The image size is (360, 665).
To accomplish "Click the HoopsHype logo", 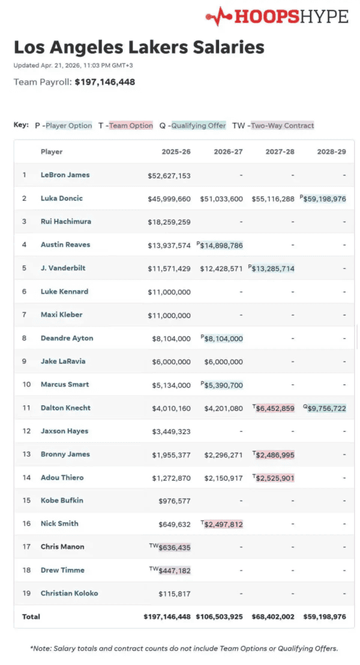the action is tap(277, 16).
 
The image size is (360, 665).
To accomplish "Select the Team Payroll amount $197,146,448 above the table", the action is tap(105, 82).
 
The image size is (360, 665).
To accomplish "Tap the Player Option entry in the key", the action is tap(63, 125).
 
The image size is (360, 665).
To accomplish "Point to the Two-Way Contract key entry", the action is tap(273, 125).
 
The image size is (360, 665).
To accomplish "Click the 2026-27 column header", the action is tap(228, 151).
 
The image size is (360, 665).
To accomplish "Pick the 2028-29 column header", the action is tap(331, 151).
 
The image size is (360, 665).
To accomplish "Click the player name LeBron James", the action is tap(65, 175).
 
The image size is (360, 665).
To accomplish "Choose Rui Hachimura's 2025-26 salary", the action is tap(169, 222).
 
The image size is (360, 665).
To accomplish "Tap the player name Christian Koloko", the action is tap(69, 593).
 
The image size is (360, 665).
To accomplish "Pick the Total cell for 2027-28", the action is tap(273, 617).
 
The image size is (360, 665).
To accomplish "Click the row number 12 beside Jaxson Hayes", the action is tap(27, 431).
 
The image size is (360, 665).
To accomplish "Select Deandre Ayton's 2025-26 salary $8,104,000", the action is tap(171, 338).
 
